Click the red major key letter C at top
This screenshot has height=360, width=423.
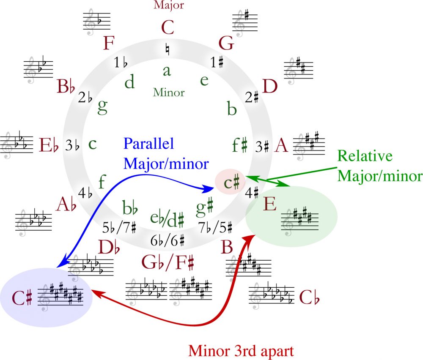(x=168, y=28)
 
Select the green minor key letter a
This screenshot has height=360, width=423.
(x=167, y=71)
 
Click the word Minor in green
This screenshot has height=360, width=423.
(x=169, y=92)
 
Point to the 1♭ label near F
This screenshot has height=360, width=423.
(x=121, y=63)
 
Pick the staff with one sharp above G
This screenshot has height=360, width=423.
(x=245, y=21)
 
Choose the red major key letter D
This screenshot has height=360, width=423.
(x=269, y=87)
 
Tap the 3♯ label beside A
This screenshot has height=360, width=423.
(x=262, y=146)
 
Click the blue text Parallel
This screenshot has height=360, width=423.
(x=148, y=144)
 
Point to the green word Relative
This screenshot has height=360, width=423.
(x=365, y=156)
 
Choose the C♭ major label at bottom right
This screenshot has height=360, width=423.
(x=309, y=297)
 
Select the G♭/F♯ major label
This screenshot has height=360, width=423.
(x=168, y=262)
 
